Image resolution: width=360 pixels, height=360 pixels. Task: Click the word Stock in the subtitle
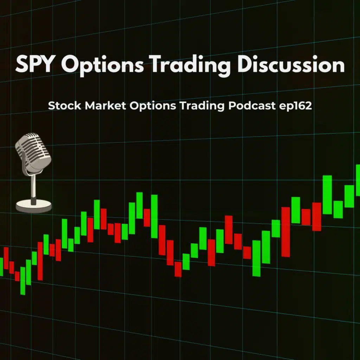(62, 106)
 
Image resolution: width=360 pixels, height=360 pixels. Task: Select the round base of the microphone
(34, 205)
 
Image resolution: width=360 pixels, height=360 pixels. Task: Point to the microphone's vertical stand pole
(33, 188)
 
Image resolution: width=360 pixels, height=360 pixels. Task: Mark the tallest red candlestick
(285, 232)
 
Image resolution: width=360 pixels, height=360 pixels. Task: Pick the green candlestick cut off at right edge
(358, 180)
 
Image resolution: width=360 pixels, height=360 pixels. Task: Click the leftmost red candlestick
(6, 258)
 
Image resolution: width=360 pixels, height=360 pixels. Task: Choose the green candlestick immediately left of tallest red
(276, 229)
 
